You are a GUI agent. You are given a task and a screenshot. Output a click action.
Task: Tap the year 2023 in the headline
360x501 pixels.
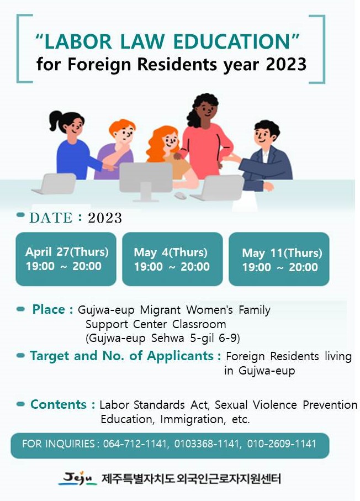[x=286, y=64]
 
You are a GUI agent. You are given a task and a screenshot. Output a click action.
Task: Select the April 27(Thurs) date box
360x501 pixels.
[x=66, y=259]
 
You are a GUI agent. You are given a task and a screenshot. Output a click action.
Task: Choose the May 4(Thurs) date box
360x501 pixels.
[x=172, y=259]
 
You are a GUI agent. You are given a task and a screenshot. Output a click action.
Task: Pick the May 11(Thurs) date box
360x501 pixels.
[x=279, y=259]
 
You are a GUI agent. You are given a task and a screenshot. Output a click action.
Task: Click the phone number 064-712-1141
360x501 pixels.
[x=135, y=444]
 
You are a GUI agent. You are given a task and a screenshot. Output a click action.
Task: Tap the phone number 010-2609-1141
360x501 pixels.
[x=282, y=444]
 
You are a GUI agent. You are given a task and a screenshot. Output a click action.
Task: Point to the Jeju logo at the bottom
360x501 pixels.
[x=78, y=478]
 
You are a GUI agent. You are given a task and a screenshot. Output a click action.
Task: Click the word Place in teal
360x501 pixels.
[x=49, y=309]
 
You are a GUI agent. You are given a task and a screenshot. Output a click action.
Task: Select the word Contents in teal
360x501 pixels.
[x=59, y=404]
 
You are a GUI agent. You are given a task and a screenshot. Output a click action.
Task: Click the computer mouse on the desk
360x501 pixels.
[x=181, y=195]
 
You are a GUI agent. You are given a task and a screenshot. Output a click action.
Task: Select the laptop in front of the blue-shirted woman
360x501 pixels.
[x=54, y=183]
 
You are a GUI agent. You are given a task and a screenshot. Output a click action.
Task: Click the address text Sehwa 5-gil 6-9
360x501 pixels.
[x=195, y=338]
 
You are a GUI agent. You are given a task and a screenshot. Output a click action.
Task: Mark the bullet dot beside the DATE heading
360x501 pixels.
[x=20, y=215]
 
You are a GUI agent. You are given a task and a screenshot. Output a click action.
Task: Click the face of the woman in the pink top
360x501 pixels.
[x=207, y=111]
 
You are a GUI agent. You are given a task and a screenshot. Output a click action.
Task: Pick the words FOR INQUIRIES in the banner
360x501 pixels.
[x=59, y=444]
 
